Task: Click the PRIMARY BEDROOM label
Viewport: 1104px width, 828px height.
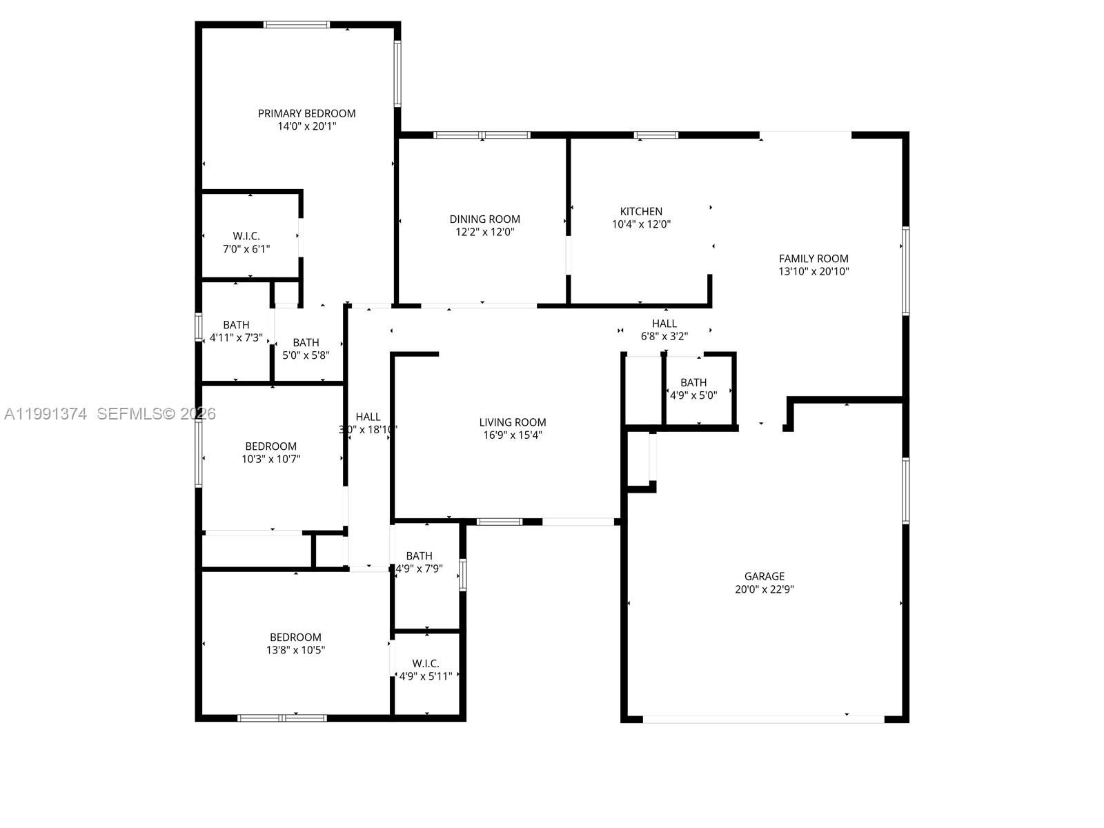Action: (x=306, y=113)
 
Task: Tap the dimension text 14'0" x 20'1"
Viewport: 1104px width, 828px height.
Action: (x=306, y=126)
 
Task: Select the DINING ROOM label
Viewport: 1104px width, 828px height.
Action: (x=484, y=219)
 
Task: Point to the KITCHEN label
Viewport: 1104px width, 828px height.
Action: (x=641, y=211)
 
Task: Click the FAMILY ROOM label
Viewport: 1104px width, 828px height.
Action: (x=814, y=259)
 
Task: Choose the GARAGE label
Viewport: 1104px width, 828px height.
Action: (x=764, y=576)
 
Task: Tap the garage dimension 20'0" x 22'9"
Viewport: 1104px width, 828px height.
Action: (x=764, y=589)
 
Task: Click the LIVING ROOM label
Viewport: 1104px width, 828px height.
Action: (x=512, y=422)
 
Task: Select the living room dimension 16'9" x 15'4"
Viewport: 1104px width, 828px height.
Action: (x=512, y=435)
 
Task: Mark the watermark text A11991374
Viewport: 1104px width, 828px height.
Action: (x=46, y=414)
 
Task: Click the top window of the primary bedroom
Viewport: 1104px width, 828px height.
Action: (x=297, y=25)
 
